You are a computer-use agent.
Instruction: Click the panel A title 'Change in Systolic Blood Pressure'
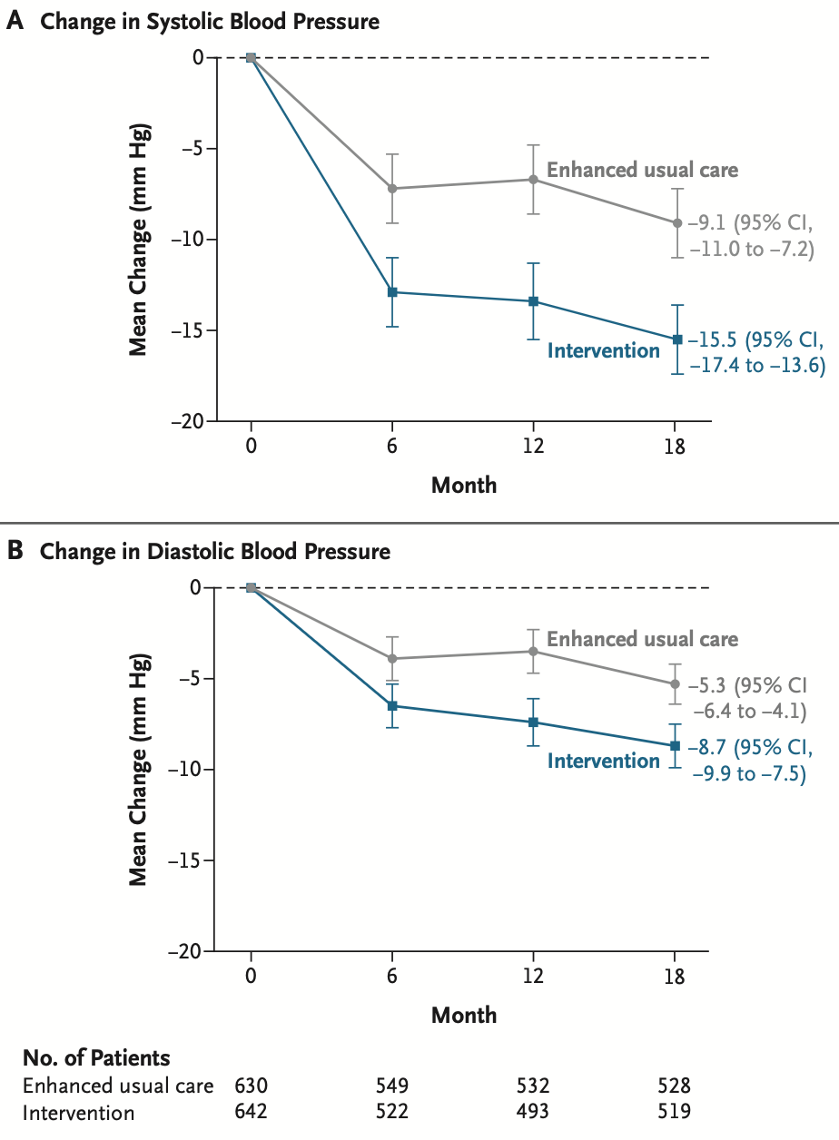click(x=210, y=23)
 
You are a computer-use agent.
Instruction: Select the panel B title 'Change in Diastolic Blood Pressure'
click(x=215, y=552)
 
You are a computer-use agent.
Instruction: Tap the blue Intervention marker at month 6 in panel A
click(x=392, y=292)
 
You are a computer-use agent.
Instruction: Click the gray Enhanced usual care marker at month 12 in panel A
click(x=534, y=180)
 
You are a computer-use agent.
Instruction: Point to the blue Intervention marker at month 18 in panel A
click(x=677, y=339)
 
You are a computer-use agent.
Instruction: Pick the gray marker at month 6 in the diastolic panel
click(x=392, y=659)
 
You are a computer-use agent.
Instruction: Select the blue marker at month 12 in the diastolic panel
click(x=534, y=722)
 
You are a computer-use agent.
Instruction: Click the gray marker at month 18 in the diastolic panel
click(x=676, y=684)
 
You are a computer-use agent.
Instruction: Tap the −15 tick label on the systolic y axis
click(x=187, y=330)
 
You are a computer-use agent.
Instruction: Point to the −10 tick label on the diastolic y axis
click(x=184, y=769)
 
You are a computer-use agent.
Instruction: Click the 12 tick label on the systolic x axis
click(x=533, y=447)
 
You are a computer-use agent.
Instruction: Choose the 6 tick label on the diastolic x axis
click(x=391, y=976)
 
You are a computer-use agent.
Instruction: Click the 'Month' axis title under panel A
click(x=464, y=485)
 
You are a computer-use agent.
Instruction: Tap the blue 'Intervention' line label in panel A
click(x=603, y=350)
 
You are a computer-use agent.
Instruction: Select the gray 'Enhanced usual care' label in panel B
click(x=643, y=639)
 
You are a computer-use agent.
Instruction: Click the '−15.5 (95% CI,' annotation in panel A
click(x=755, y=340)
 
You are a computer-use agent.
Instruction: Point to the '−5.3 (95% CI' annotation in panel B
click(x=747, y=685)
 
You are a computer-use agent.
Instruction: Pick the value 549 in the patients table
click(x=392, y=1086)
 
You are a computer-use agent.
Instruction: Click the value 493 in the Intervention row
click(x=532, y=1112)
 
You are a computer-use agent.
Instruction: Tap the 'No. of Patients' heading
click(x=96, y=1058)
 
